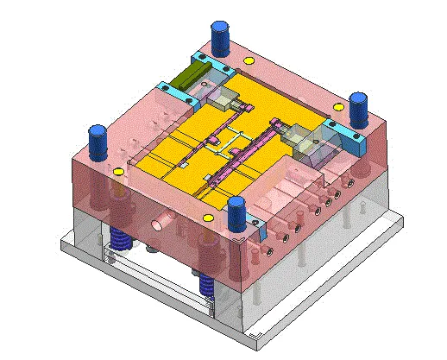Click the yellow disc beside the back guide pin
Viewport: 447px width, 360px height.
point(250,61)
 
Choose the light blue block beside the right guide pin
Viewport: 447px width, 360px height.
point(341,132)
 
